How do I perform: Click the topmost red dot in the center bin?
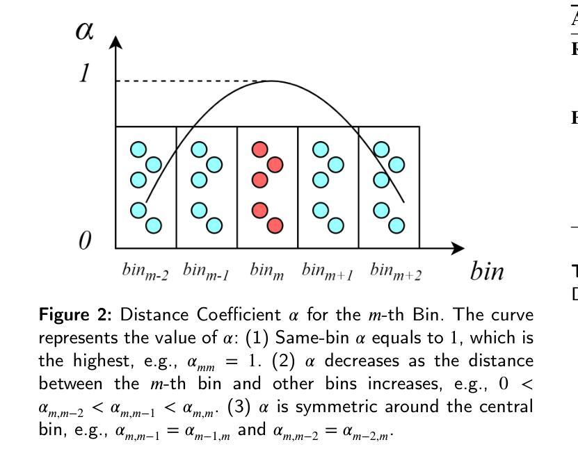(x=259, y=149)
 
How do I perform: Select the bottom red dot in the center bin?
(x=275, y=225)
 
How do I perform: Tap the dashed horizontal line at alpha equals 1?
(x=188, y=81)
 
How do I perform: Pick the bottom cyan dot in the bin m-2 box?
(x=154, y=225)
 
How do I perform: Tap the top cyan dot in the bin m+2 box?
(x=381, y=149)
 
